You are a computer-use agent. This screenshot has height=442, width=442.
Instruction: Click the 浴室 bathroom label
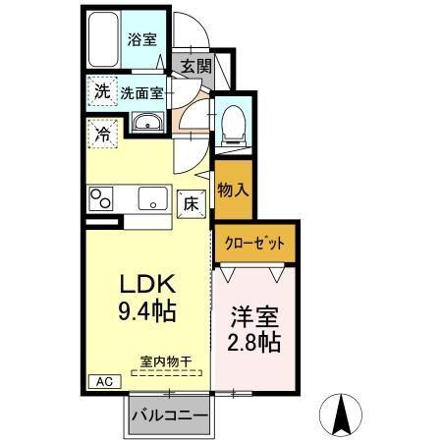pos(142,40)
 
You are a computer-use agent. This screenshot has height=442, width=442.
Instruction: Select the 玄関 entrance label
pos(195,66)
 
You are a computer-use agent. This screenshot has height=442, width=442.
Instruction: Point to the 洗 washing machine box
pos(102,92)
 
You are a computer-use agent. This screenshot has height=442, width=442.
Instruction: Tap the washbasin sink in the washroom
pos(148,122)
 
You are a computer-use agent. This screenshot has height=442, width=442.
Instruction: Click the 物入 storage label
pos(232,187)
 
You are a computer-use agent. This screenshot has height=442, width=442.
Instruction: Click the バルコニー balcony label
pos(171,416)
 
